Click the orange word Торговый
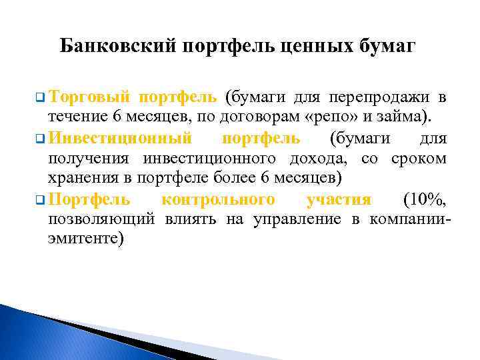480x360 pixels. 89,98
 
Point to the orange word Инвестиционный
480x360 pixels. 121,139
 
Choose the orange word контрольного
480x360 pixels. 218,199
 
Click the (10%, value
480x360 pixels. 425,199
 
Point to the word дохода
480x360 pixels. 318,159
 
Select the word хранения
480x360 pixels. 78,179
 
